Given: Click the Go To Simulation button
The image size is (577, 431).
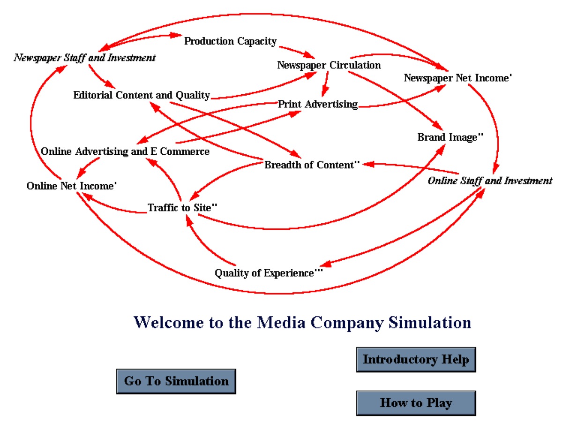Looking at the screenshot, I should click(176, 381).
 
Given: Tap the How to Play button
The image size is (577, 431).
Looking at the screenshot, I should click(416, 403).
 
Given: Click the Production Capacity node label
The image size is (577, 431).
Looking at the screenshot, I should click(230, 41).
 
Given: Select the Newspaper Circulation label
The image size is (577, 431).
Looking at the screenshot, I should click(329, 65).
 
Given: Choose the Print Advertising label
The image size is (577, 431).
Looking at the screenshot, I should click(318, 104).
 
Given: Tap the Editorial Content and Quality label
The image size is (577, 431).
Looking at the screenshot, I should click(141, 95).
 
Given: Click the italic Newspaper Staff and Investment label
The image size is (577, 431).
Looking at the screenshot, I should click(84, 58).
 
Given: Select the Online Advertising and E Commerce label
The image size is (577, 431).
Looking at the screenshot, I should click(125, 151).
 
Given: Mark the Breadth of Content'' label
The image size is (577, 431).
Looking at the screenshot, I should click(312, 165).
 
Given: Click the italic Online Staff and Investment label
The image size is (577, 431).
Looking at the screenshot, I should click(490, 181).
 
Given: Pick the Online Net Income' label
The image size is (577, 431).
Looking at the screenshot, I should click(71, 186).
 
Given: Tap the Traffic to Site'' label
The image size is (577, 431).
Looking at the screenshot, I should click(183, 207).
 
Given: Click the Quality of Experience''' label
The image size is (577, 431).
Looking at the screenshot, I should click(269, 272).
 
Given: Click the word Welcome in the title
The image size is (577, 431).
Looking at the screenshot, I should click(169, 323).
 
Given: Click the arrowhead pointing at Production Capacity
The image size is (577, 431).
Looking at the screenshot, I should click(177, 35).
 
